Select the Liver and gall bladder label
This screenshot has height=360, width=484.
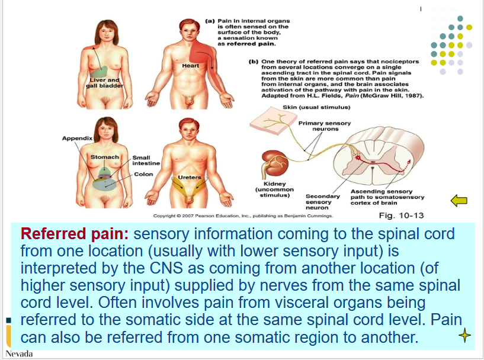pyautogui.click(x=105, y=83)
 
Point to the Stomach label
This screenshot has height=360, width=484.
pyautogui.click(x=104, y=157)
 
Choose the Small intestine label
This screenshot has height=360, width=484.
pyautogui.click(x=142, y=160)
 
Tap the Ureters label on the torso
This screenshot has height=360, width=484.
pyautogui.click(x=190, y=177)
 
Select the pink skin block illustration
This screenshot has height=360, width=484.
pyautogui.click(x=270, y=123)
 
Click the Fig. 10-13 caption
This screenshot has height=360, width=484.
pyautogui.click(x=401, y=216)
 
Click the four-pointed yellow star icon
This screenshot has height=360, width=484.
pyautogui.click(x=465, y=336)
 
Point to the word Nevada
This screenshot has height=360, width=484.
pyautogui.click(x=19, y=354)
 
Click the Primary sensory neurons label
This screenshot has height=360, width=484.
pyautogui.click(x=324, y=126)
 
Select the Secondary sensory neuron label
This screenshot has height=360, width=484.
pyautogui.click(x=322, y=202)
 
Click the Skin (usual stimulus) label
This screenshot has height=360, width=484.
pyautogui.click(x=316, y=107)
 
